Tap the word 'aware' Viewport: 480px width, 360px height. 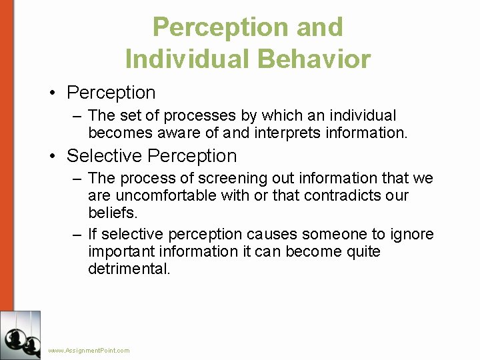[181, 133]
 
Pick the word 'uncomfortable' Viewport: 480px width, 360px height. [161, 195]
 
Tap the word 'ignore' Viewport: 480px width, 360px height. [411, 234]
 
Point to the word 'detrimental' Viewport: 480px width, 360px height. [129, 269]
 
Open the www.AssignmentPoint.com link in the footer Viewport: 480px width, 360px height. [89, 351]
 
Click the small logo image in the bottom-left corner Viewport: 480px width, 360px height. [21, 335]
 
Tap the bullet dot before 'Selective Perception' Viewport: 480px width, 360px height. [53, 156]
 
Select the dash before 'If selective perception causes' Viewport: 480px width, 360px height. [77, 234]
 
